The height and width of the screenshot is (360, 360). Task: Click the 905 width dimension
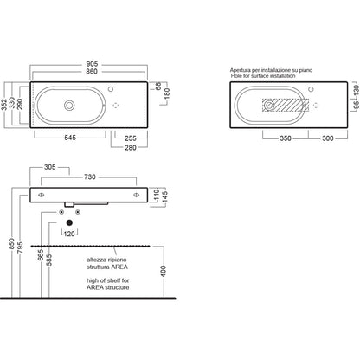[92, 64]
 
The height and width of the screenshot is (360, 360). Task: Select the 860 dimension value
[92, 71]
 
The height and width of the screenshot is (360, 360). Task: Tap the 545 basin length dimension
[70, 138]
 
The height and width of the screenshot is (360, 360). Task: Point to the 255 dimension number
[131, 138]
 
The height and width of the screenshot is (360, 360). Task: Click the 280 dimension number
[131, 147]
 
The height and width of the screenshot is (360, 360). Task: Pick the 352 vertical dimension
[3, 105]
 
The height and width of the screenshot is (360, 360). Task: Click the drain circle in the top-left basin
[69, 106]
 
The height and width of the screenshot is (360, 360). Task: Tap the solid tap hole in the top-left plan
[111, 89]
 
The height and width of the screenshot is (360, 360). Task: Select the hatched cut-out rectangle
[286, 105]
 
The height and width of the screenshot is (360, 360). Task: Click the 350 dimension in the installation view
[286, 138]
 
